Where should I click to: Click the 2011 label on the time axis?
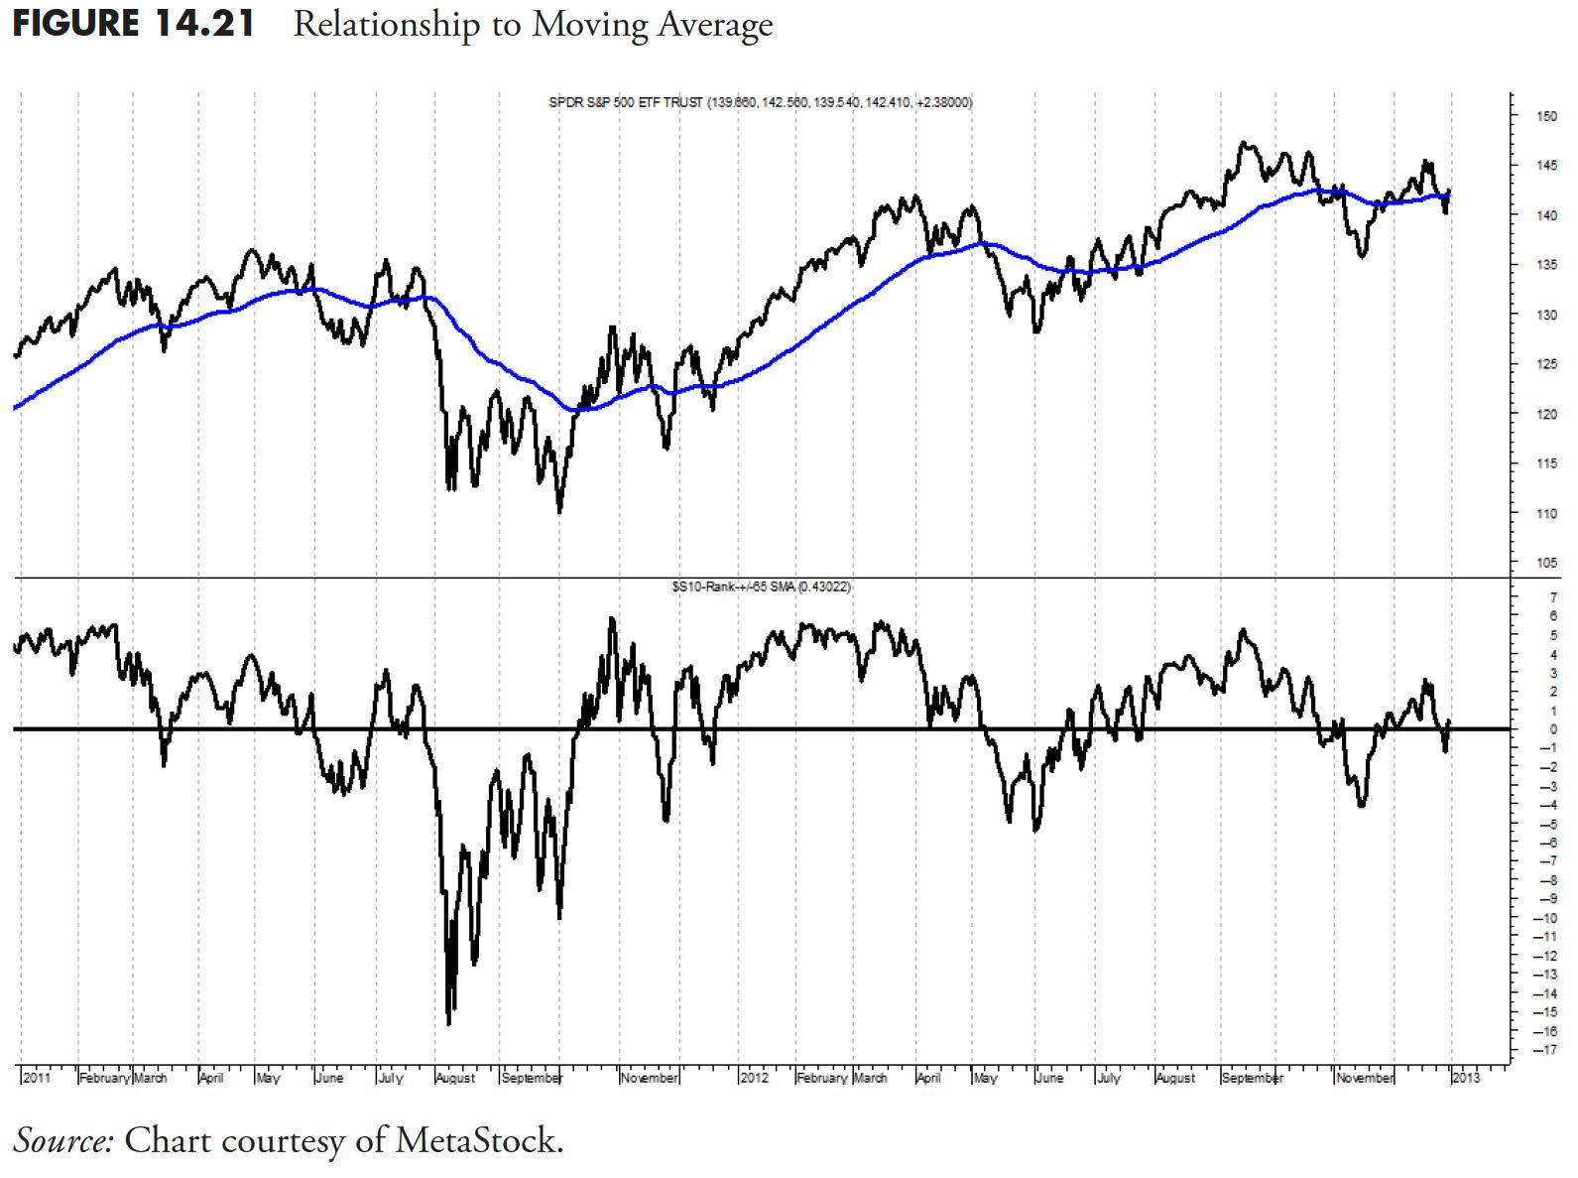pyautogui.click(x=37, y=1078)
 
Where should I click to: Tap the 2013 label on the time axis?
pyautogui.click(x=1466, y=1078)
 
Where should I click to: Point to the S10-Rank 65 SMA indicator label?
pyautogui.click(x=761, y=587)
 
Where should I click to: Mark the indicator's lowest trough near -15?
pyautogui.click(x=449, y=1023)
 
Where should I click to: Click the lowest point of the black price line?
pyautogui.click(x=559, y=512)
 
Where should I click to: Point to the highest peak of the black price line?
pyautogui.click(x=1244, y=143)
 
